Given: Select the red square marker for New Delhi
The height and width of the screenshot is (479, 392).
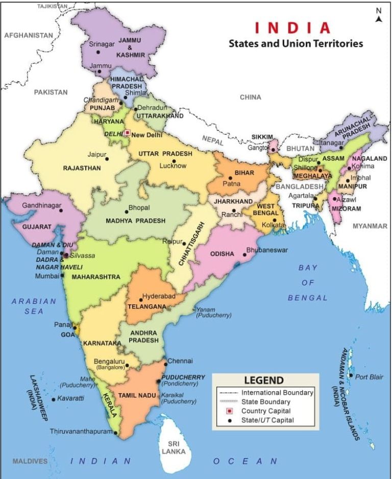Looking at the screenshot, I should [127, 133].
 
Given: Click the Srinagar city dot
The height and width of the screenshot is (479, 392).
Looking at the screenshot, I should [97, 52].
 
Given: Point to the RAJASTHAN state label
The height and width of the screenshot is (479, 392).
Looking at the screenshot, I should [82, 168].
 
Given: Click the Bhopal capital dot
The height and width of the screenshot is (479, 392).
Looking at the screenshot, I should [127, 212].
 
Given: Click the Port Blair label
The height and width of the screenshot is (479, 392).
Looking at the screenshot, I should [369, 377].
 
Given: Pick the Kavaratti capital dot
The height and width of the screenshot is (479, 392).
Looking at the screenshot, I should [53, 399].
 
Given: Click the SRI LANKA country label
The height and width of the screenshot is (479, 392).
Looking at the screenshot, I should [174, 448].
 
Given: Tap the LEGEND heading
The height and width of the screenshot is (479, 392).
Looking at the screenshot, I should [263, 380].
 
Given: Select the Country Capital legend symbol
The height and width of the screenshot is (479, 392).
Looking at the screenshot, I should [230, 411].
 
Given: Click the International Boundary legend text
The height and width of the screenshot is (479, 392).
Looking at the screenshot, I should [277, 393].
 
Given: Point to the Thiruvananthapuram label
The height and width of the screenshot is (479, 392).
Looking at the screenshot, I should [81, 432].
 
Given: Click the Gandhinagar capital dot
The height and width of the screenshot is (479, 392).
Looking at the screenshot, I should [61, 210].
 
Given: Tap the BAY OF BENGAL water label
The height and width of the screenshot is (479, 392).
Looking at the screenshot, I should [307, 282].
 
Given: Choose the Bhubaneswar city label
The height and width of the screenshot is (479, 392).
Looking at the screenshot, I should [267, 250].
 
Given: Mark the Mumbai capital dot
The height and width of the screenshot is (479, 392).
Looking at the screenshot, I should [62, 275].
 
